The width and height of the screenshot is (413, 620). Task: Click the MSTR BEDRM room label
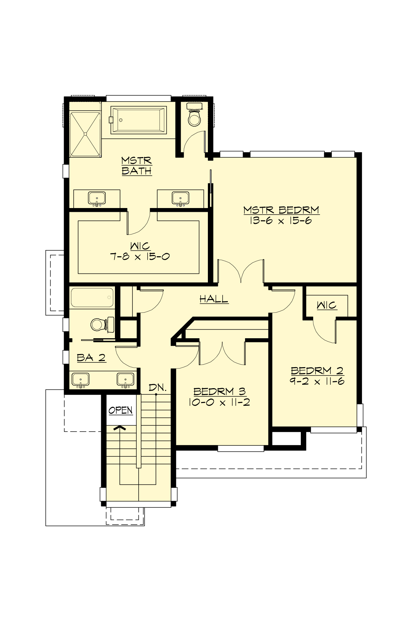coord(281,210)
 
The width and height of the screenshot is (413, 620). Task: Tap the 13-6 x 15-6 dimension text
coord(281,220)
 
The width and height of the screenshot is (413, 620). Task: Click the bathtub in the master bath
coord(138,120)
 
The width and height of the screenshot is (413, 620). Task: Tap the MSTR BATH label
coord(137,166)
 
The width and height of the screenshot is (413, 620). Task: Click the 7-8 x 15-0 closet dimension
coord(140,256)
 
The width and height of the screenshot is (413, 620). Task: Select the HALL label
coord(214,299)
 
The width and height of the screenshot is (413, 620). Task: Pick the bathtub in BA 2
coord(92,298)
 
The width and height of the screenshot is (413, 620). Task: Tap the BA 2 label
coord(91,358)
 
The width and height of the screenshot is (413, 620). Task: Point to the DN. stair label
coord(158,387)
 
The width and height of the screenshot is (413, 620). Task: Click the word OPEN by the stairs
coord(120,410)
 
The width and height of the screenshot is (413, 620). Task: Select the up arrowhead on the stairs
coord(120,428)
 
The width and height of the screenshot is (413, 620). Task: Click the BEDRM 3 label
coord(219,391)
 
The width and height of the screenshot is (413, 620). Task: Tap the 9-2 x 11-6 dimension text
coord(317,381)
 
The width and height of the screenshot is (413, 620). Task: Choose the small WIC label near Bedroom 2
coord(326,305)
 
